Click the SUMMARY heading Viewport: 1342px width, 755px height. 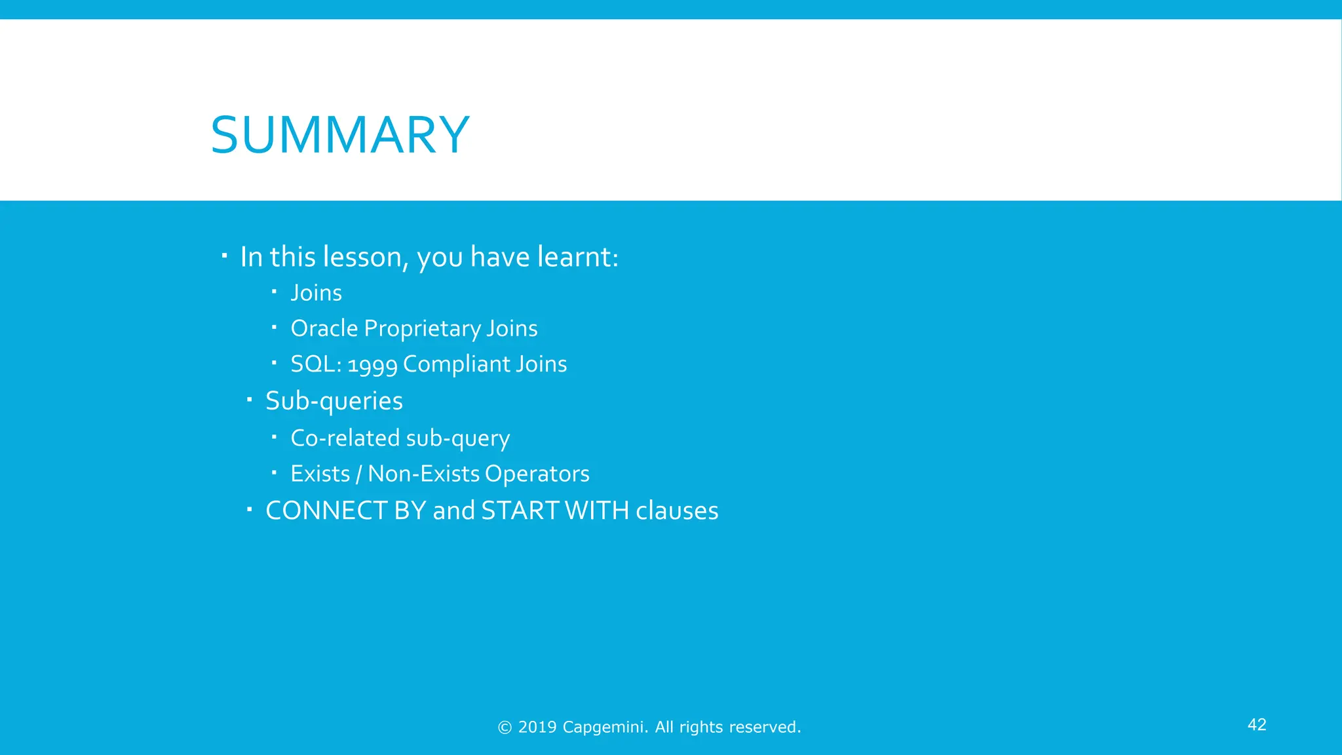(x=340, y=136)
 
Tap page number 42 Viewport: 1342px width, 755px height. (x=1256, y=724)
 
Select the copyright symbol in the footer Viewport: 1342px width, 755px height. (x=505, y=727)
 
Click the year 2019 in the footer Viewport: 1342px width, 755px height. (x=537, y=727)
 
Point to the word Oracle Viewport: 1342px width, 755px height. (x=324, y=328)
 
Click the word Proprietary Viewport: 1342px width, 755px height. (x=422, y=329)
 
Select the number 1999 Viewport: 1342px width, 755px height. (x=372, y=365)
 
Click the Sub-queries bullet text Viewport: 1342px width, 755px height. (x=334, y=401)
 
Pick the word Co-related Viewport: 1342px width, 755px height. (x=345, y=438)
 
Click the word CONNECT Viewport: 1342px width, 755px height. (x=326, y=511)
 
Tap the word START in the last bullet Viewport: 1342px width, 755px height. (x=520, y=511)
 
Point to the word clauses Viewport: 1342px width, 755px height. (x=677, y=511)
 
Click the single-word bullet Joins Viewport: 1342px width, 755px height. (x=316, y=293)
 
